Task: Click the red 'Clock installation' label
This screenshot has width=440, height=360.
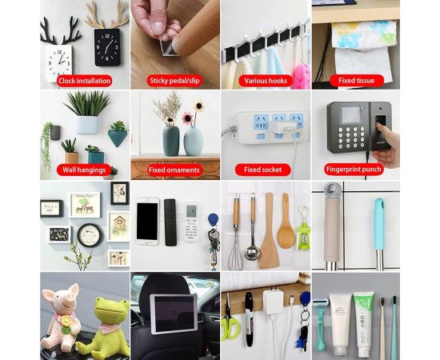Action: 85,81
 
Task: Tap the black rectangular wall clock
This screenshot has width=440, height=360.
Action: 107,47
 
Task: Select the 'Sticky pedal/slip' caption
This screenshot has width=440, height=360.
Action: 174,81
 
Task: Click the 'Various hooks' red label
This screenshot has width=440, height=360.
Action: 266,81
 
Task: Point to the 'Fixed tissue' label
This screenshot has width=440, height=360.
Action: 356,81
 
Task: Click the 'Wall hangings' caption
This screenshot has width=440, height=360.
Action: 84,170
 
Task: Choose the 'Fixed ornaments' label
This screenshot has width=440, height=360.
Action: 174,170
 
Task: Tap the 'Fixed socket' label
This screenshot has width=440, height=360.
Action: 263,170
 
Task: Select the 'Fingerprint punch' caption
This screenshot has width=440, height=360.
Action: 354,170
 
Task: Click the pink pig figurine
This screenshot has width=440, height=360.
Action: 62,317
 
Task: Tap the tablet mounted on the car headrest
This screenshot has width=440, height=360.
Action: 174,314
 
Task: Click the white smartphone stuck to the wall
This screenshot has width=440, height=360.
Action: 147,221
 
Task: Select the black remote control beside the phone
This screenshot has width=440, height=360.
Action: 170,222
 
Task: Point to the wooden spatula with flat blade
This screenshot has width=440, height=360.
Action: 270,230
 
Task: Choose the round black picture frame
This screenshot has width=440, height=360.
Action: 90,235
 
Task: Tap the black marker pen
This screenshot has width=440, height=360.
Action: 249,319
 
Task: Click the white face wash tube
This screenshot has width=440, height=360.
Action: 340,324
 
